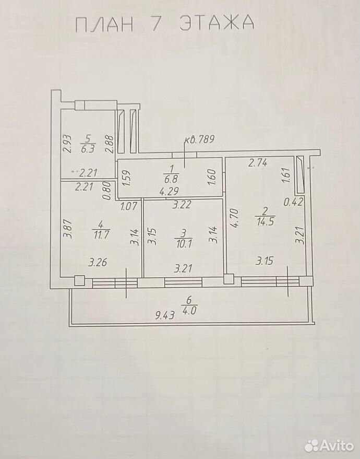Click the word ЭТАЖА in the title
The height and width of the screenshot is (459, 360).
point(217,22)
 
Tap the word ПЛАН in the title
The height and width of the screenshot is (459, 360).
point(104,23)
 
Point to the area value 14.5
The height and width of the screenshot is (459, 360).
point(265,221)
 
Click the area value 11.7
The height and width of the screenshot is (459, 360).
point(101,234)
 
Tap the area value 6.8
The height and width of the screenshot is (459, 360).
point(172,178)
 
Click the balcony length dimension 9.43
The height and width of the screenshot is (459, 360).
point(165,315)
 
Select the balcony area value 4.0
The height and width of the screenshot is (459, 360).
point(189,310)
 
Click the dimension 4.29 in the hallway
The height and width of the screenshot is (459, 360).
point(169,192)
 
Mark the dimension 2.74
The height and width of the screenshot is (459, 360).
point(258,163)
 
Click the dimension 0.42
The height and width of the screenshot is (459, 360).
point(293,202)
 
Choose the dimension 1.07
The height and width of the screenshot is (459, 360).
point(128,206)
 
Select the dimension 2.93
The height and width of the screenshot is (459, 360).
point(67,144)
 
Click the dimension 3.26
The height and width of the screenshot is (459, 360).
point(98,262)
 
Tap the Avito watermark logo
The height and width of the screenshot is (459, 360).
point(329,446)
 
